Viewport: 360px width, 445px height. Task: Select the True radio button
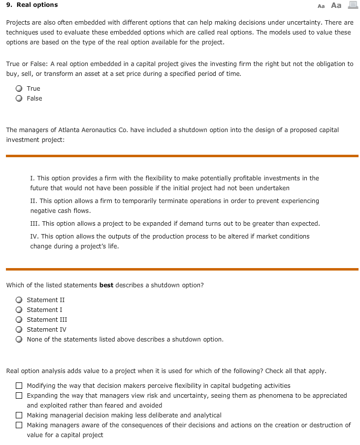click(19, 89)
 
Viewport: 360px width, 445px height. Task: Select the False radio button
click(19, 99)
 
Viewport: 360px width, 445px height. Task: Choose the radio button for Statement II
click(19, 300)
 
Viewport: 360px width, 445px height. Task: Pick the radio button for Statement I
click(19, 309)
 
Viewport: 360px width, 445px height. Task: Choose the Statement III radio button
click(19, 319)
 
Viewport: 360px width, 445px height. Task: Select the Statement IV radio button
click(19, 329)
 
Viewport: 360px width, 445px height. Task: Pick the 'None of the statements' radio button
click(19, 339)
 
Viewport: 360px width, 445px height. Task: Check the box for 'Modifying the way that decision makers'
click(19, 385)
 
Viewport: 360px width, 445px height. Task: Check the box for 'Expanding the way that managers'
click(19, 395)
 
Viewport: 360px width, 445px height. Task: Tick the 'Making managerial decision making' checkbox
click(19, 415)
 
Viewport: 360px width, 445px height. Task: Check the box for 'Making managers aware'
click(19, 425)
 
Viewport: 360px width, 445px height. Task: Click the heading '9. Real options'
click(32, 5)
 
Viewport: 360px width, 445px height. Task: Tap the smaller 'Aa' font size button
click(321, 6)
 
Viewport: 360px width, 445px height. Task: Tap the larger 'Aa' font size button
click(336, 5)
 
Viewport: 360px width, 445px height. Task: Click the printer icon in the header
click(352, 5)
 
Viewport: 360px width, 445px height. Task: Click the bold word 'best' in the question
click(106, 285)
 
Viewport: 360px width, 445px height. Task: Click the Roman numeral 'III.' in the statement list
click(35, 223)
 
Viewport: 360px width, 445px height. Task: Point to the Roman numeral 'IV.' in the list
click(35, 236)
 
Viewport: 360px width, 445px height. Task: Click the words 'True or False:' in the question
click(27, 64)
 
